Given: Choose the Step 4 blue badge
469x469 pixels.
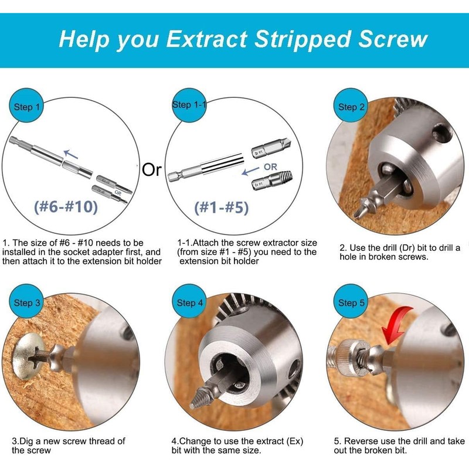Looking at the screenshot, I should [190, 303].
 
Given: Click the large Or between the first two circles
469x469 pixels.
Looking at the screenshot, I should [151, 171].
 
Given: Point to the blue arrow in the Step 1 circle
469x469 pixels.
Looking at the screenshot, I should [71, 154].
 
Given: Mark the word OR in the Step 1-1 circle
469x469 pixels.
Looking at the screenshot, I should [270, 166].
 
